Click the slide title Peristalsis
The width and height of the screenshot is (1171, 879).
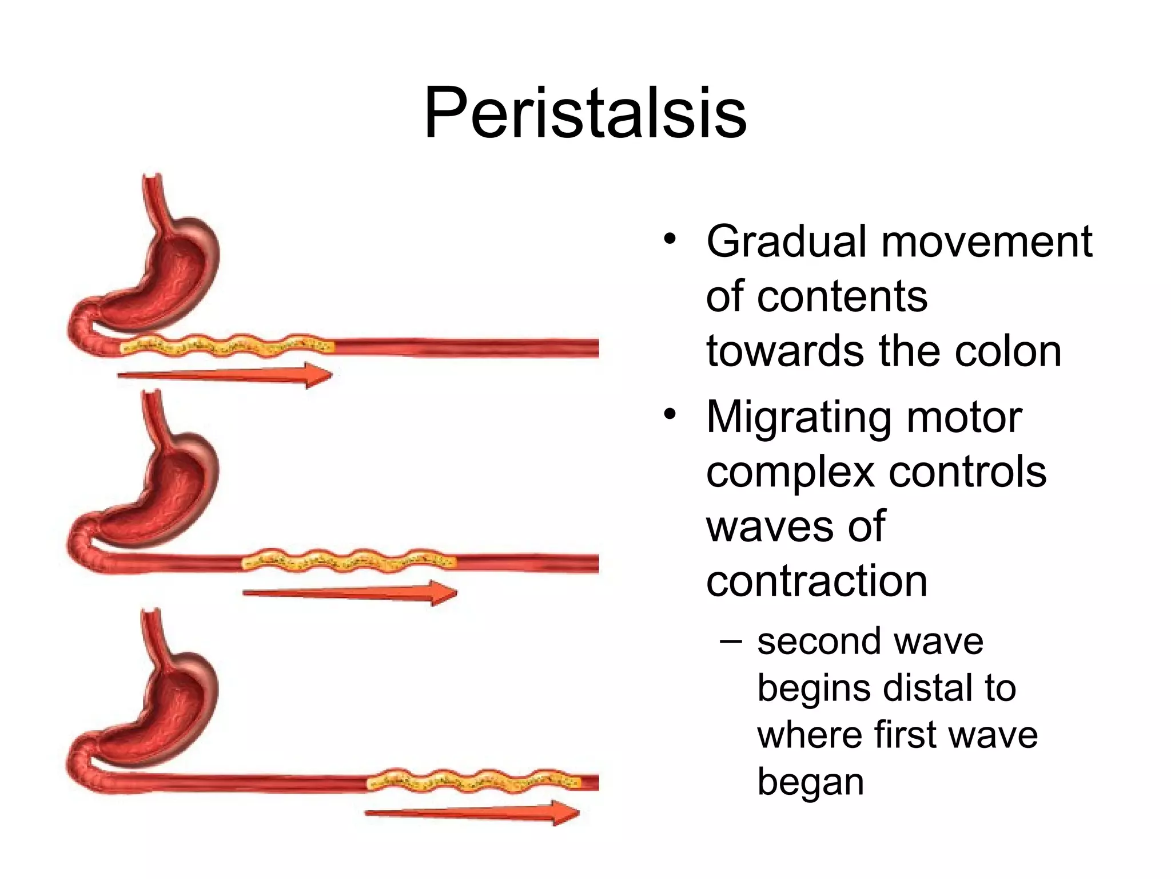click(x=585, y=113)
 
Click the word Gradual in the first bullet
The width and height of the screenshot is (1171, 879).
click(x=787, y=241)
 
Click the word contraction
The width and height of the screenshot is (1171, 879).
click(x=816, y=581)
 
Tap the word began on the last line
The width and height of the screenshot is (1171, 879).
click(x=810, y=782)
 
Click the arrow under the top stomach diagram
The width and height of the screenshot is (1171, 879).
click(x=225, y=375)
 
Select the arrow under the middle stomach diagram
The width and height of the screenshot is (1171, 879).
click(x=350, y=593)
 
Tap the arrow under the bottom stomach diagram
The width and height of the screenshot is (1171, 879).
click(x=472, y=813)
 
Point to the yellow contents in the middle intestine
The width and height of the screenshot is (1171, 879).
click(x=349, y=561)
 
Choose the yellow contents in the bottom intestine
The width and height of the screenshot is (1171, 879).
click(x=474, y=781)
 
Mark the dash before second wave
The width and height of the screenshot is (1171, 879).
click(x=731, y=641)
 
